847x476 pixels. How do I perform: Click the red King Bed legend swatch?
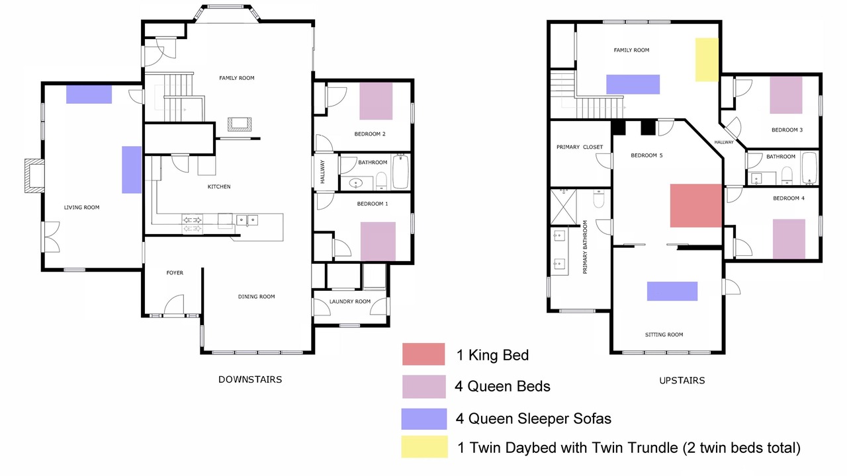(x=423, y=354)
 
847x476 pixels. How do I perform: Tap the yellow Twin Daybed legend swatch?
(x=425, y=447)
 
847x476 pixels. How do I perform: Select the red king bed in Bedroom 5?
(x=696, y=206)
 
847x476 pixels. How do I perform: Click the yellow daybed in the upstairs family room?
(x=707, y=59)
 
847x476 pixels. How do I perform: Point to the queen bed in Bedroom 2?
(x=376, y=101)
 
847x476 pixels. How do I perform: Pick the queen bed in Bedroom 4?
(x=789, y=239)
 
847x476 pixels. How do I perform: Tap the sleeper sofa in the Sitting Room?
(x=672, y=292)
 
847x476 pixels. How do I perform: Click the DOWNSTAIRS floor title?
(x=250, y=379)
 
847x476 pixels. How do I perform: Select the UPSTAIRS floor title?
(x=682, y=380)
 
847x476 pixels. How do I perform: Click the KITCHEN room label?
(x=219, y=186)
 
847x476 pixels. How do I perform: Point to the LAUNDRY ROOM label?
(x=350, y=301)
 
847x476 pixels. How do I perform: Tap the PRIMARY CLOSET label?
(x=580, y=147)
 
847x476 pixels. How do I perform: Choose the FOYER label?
(x=175, y=273)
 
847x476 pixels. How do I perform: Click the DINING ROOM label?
(x=256, y=297)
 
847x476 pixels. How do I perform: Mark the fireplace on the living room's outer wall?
(x=34, y=176)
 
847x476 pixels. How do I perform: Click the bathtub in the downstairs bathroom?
(x=401, y=171)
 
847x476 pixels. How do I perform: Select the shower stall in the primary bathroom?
(x=563, y=207)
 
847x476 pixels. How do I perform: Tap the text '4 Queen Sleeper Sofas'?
(x=533, y=418)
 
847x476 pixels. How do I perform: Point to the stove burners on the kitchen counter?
(x=192, y=224)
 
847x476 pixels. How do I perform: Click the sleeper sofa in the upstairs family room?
(x=633, y=84)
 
